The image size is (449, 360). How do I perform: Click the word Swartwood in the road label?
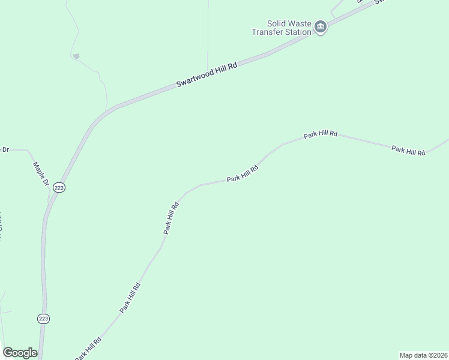pos(195,77)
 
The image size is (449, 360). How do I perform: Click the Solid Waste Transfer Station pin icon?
pos(321,27)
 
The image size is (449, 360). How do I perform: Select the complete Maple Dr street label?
pos(40,173)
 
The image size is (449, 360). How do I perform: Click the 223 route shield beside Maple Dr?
pos(59,187)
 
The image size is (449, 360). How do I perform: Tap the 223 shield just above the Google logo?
pos(43,318)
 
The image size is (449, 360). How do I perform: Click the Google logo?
pos(20,353)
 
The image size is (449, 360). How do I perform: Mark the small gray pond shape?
pos(76,56)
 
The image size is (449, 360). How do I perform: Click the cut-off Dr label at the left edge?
pos(5,149)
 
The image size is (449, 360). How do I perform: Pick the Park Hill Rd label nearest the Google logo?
pos(88,348)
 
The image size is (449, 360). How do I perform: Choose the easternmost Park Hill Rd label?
pos(408,150)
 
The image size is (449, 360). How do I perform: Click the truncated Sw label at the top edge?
pos(379,2)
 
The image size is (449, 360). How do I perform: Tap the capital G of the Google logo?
pos(7,353)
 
